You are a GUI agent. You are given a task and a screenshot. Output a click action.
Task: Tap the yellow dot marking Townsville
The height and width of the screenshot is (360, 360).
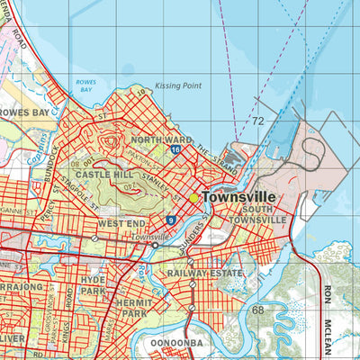(x=193, y=198)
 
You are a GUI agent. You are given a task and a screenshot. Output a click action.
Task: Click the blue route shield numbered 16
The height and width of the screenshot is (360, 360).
(x=176, y=148)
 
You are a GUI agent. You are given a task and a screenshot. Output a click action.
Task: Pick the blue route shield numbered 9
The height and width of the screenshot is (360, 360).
(x=170, y=219)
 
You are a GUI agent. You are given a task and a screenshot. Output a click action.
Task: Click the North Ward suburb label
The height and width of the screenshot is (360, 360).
(x=162, y=140)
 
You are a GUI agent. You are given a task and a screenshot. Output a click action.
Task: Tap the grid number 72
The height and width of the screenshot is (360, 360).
(x=258, y=120)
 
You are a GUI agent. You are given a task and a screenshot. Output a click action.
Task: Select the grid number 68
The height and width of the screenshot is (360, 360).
(x=258, y=310)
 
